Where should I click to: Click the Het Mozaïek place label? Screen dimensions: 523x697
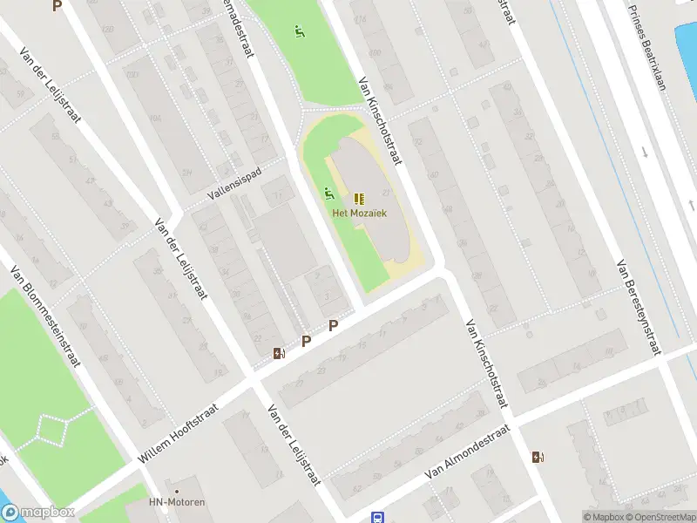(359, 213)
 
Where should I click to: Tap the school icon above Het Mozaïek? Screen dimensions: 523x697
(359, 198)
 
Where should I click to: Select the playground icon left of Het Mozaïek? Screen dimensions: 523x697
(328, 193)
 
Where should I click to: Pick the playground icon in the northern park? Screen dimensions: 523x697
(300, 32)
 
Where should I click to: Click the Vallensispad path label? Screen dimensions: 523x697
(234, 184)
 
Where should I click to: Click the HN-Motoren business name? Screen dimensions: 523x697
(177, 503)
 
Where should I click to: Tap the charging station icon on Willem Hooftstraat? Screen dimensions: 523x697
(279, 353)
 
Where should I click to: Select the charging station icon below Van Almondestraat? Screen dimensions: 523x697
(537, 457)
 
